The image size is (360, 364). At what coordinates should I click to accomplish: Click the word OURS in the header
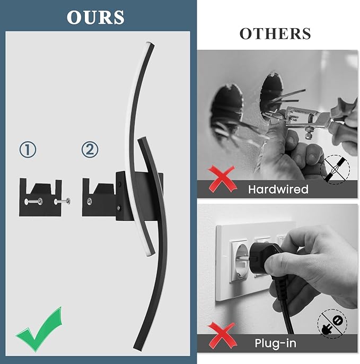[x=95, y=18]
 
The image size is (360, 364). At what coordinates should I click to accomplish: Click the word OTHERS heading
[x=275, y=33]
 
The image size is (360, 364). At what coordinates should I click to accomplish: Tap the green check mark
[x=39, y=328]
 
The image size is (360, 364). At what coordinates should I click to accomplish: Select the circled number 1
[x=28, y=150]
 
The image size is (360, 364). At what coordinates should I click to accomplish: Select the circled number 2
[x=90, y=150]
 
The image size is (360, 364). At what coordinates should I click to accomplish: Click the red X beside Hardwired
[x=222, y=179]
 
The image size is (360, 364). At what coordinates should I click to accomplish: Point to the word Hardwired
[x=278, y=189]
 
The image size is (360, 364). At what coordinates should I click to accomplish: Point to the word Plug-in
[x=275, y=343]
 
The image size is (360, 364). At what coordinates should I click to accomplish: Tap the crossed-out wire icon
[x=335, y=170]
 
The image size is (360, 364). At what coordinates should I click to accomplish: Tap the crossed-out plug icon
[x=332, y=324]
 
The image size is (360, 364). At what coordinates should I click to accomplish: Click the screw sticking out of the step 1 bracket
[x=63, y=202]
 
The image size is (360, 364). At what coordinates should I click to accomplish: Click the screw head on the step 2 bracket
[x=89, y=201]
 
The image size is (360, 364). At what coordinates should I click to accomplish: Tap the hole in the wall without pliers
[x=226, y=109]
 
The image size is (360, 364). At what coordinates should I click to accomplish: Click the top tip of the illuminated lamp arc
[x=151, y=44]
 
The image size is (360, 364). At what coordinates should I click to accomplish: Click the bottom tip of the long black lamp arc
[x=137, y=348]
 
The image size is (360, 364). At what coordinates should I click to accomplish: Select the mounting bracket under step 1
[x=40, y=197]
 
